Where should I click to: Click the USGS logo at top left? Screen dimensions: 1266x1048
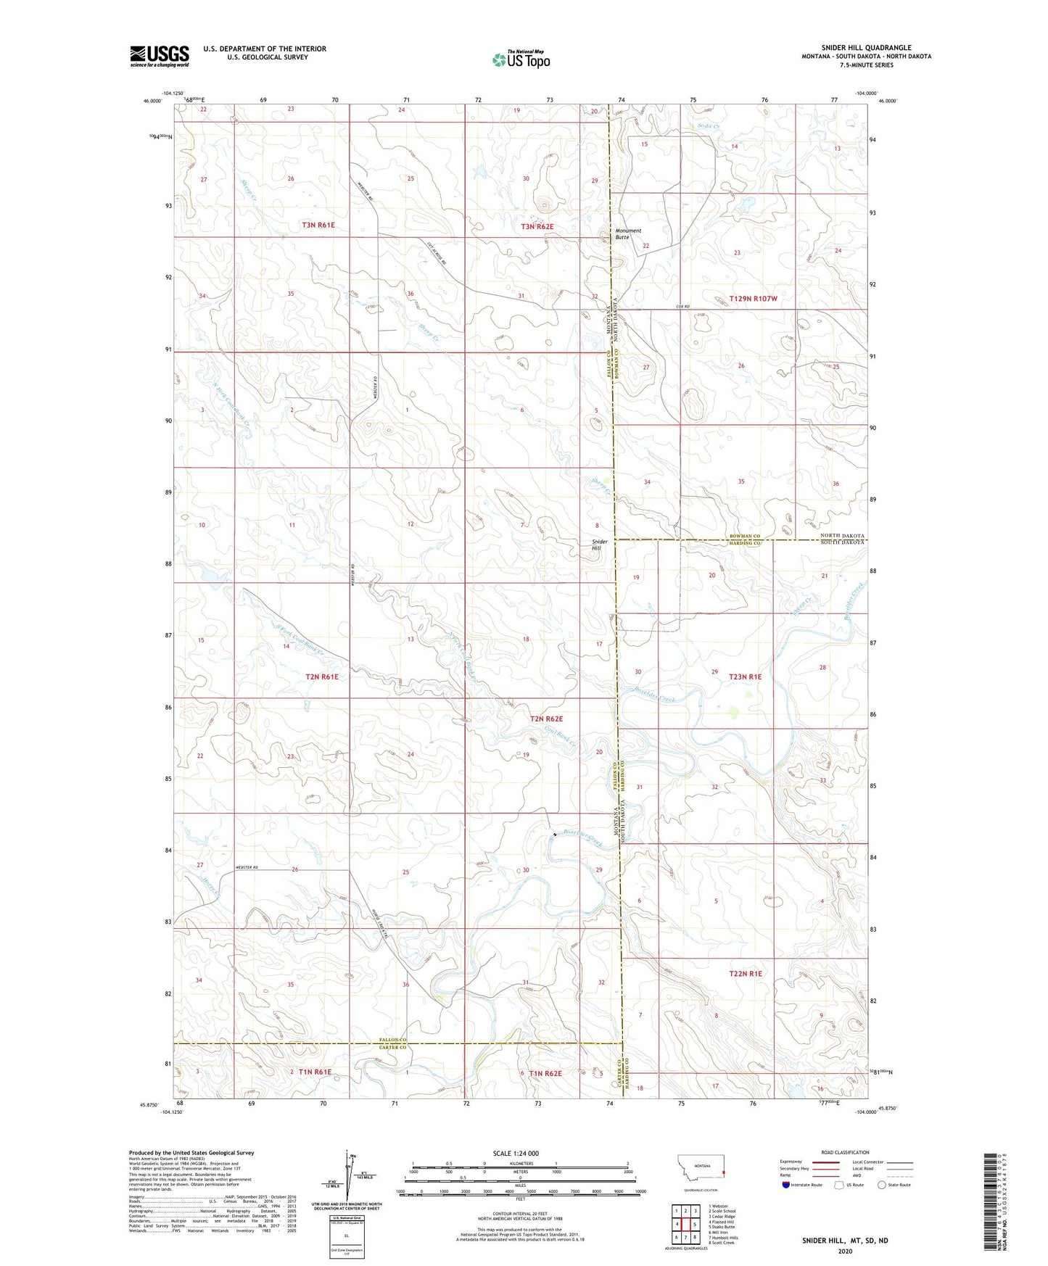(x=160, y=56)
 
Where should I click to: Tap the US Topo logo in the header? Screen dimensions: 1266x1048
(x=521, y=59)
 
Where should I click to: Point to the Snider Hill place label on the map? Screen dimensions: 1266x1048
(x=600, y=545)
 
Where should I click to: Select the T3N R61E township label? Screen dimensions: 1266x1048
(x=318, y=226)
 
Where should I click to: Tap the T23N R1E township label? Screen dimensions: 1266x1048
(x=740, y=677)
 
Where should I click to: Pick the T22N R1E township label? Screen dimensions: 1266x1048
(x=746, y=974)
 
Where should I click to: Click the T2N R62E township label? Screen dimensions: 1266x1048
(x=546, y=719)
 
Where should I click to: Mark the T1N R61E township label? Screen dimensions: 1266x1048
(x=310, y=1072)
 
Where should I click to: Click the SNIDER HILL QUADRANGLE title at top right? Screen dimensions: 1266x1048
(x=866, y=47)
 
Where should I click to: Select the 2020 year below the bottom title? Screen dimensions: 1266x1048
(x=845, y=1251)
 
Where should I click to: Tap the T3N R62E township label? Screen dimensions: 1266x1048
(x=537, y=227)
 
